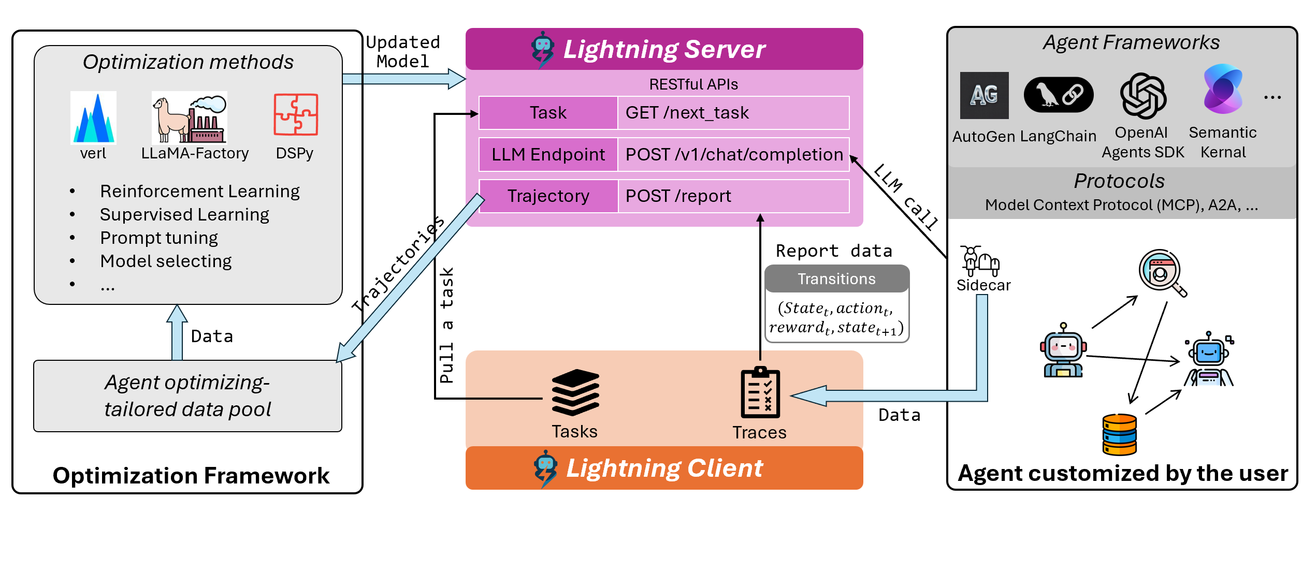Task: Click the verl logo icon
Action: click(93, 118)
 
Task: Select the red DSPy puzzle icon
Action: click(296, 114)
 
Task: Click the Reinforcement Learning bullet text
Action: click(199, 192)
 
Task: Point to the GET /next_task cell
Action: click(733, 113)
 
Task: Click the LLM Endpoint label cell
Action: click(548, 155)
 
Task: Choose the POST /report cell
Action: click(733, 196)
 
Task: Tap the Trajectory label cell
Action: click(548, 196)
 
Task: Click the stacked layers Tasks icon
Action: click(575, 392)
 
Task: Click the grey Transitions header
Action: click(836, 279)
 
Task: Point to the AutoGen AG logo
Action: click(984, 95)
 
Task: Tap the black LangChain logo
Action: click(1058, 95)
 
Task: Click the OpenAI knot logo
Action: click(1143, 96)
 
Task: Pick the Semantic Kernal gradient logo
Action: click(1223, 89)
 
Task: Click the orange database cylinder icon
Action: click(1119, 434)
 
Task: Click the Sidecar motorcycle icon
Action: click(980, 260)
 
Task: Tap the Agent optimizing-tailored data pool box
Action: click(187, 396)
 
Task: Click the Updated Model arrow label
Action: click(403, 52)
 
